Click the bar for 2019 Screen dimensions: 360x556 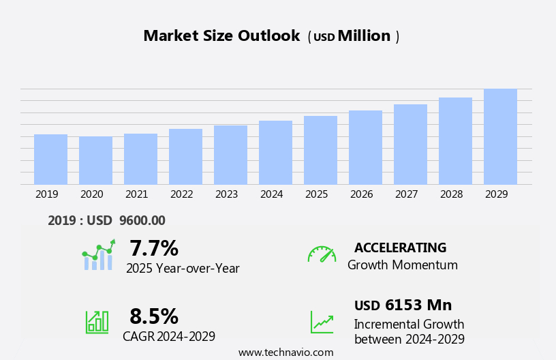50,160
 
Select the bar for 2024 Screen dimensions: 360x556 275,153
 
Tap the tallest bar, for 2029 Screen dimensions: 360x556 500,136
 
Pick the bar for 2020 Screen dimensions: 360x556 95,160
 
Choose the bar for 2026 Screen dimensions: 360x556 365,147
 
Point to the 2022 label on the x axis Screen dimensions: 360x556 181,194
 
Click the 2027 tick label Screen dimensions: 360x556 406,194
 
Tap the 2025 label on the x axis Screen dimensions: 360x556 316,194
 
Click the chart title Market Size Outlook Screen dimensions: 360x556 221,36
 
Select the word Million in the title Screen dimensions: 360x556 364,36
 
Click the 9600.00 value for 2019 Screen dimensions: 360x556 142,220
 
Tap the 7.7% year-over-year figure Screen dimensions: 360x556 154,248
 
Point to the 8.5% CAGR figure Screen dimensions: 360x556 154,316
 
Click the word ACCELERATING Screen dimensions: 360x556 400,247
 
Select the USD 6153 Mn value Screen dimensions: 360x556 403,305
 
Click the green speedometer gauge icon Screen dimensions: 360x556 322,254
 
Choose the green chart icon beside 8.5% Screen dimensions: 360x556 97,321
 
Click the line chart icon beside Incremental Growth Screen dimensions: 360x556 322,322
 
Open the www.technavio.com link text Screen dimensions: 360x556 285,352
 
